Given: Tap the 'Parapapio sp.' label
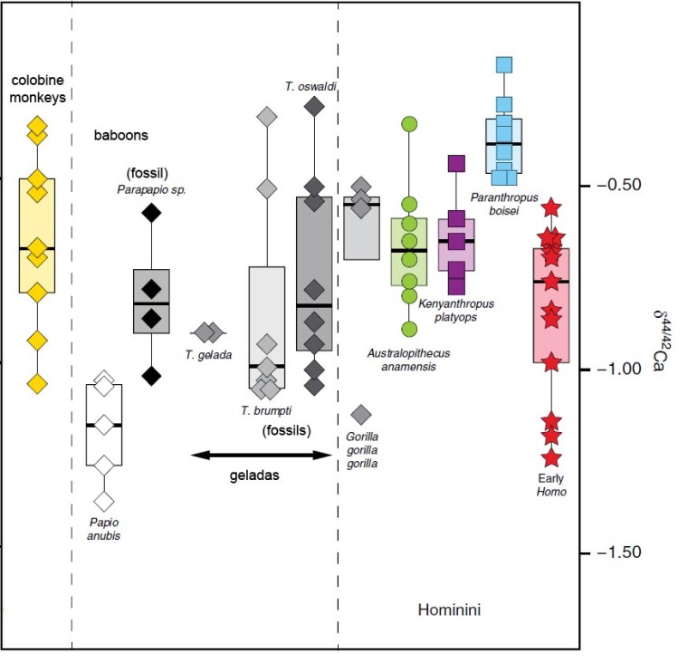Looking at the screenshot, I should tap(150, 189).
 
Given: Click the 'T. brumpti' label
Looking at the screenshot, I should tap(258, 410).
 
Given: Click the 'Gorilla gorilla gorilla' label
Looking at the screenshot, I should tap(360, 449).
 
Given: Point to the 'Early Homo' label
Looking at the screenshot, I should tap(549, 485).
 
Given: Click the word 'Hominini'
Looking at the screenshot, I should tap(448, 610).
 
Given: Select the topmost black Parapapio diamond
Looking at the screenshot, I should tap(150, 213).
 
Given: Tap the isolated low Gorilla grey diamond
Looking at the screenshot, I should tap(360, 415).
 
